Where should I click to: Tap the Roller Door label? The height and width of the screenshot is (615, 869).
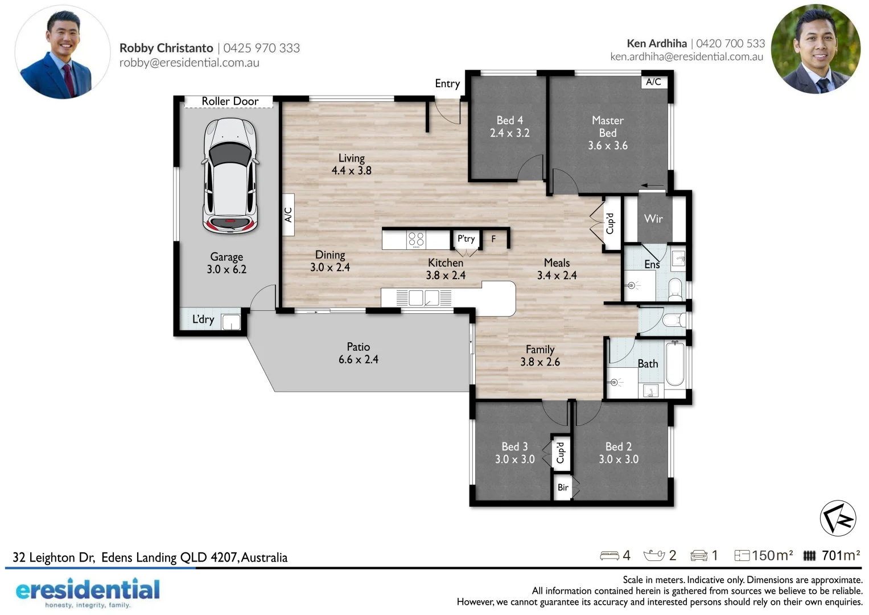[230, 101]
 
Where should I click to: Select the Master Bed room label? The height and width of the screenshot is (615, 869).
[607, 126]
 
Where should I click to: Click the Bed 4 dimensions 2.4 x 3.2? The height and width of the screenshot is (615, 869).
[509, 133]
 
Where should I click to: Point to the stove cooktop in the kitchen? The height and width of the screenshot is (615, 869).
[416, 239]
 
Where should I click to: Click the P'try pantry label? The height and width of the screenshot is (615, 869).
[466, 239]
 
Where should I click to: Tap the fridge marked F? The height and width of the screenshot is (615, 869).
[493, 239]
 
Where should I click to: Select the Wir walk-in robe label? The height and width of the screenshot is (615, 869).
[653, 219]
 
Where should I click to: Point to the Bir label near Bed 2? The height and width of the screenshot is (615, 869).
[562, 487]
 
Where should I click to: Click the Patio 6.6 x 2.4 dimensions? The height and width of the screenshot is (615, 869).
[358, 360]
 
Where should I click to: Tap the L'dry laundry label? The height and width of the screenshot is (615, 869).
[203, 319]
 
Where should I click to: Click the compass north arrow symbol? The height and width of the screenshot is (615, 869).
[837, 518]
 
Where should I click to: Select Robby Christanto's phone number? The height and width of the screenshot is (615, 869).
[261, 48]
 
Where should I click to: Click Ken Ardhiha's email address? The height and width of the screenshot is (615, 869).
[686, 57]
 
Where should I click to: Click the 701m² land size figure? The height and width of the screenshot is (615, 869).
[841, 555]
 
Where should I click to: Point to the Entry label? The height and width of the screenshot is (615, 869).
[447, 84]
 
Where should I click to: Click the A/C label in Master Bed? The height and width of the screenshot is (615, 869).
[653, 82]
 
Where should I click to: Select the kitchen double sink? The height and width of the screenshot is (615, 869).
[423, 297]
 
